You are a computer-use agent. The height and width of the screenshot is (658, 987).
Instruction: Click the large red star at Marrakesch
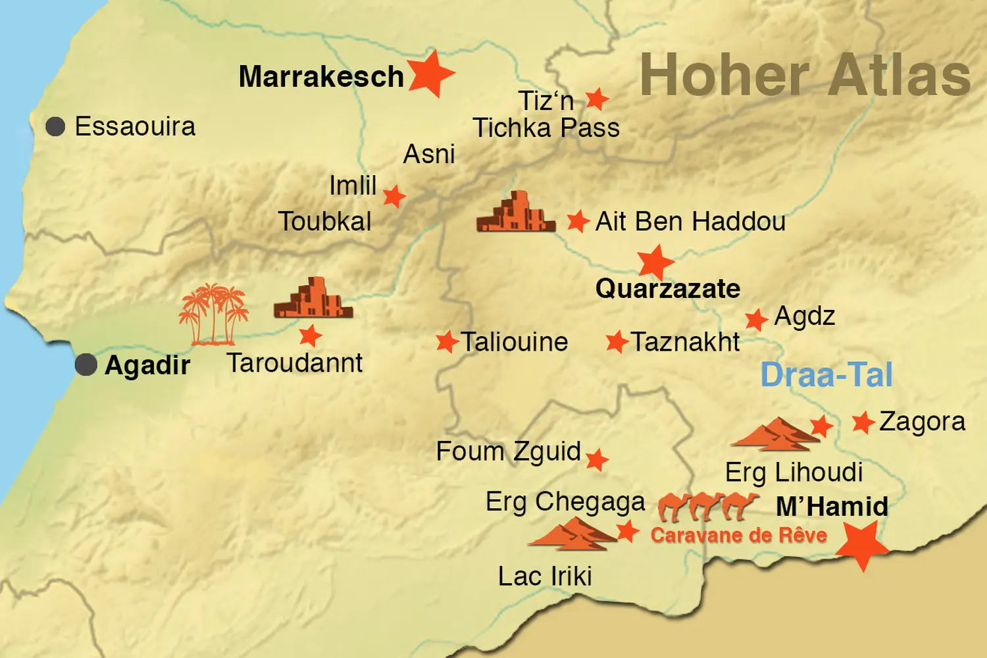tap(430, 74)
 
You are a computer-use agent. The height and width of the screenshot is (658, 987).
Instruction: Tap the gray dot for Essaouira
tap(55, 126)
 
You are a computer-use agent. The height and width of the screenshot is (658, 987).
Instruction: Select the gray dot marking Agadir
tap(86, 365)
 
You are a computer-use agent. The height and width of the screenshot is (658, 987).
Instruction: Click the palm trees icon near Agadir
tap(213, 315)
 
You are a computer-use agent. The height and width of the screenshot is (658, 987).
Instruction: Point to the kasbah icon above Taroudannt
tap(313, 299)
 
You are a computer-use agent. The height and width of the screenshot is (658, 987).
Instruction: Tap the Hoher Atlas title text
tap(805, 75)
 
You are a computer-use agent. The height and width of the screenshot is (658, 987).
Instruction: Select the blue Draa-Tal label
tap(826, 375)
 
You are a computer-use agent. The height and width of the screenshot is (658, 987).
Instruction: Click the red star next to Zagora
tap(863, 422)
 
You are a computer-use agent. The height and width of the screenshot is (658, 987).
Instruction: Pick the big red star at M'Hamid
tap(861, 544)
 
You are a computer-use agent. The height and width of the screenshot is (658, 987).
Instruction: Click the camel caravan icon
tap(708, 505)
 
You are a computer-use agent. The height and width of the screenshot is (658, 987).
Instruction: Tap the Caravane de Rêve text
tap(738, 535)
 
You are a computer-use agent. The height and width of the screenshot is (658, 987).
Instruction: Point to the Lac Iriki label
tap(545, 576)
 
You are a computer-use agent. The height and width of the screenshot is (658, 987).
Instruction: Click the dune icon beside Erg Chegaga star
tap(571, 534)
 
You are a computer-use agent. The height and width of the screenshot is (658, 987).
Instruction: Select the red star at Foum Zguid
tap(596, 460)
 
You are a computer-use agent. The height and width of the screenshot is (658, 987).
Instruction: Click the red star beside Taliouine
tap(447, 342)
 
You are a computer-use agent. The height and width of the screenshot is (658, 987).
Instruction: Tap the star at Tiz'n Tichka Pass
tap(597, 99)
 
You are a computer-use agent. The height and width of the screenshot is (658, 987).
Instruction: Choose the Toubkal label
tap(324, 222)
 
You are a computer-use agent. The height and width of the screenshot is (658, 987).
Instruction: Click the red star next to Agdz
tap(756, 320)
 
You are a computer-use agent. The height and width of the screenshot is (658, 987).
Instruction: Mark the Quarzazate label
tap(667, 289)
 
